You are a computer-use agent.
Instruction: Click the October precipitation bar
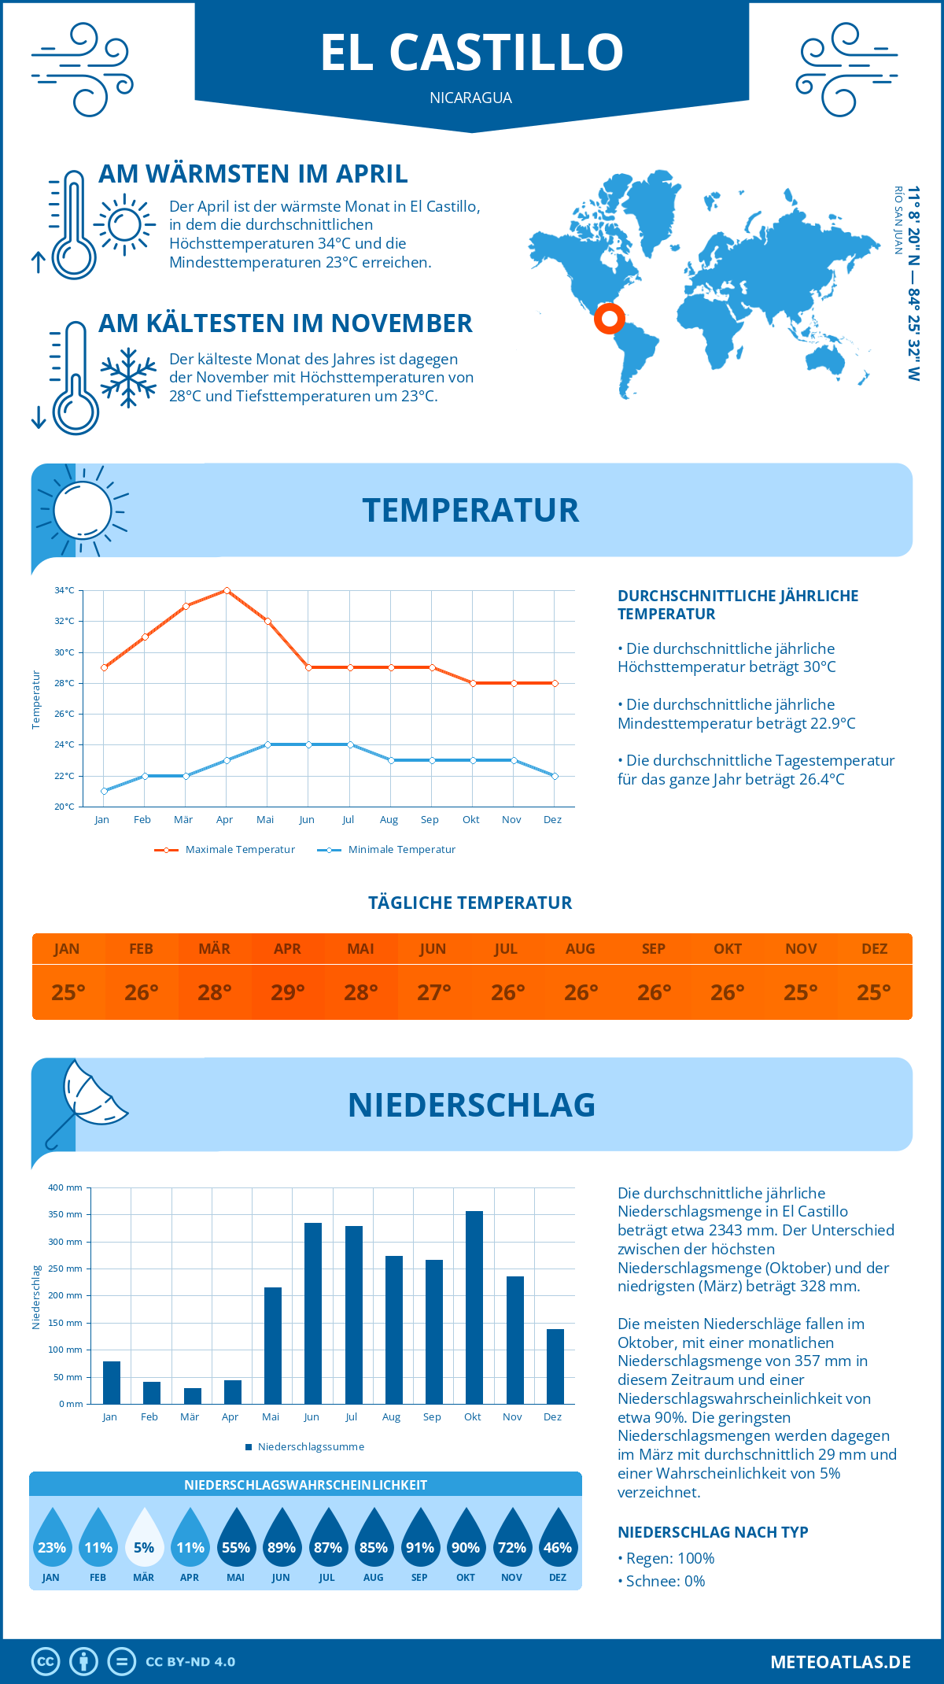pyautogui.click(x=474, y=1307)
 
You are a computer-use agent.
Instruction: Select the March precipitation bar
pyautogui.click(x=192, y=1395)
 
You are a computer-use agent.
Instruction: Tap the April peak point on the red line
pyautogui.click(x=227, y=590)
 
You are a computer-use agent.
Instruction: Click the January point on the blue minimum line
pyautogui.click(x=104, y=791)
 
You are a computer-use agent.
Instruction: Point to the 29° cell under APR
pyautogui.click(x=288, y=992)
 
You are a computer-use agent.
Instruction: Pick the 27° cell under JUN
pyautogui.click(x=433, y=992)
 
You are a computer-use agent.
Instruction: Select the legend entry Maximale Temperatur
pyautogui.click(x=225, y=850)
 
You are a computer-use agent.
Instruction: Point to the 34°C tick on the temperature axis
pyautogui.click(x=65, y=590)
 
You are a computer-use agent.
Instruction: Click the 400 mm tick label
pyautogui.click(x=65, y=1187)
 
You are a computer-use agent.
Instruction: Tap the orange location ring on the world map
pyautogui.click(x=609, y=319)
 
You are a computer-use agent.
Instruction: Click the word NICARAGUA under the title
pyautogui.click(x=470, y=98)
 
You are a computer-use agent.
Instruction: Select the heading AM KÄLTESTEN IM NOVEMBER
pyautogui.click(x=285, y=323)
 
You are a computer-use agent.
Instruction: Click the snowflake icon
pyautogui.click(x=128, y=378)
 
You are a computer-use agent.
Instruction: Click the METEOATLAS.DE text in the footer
pyautogui.click(x=840, y=1662)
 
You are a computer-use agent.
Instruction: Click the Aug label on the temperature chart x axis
pyautogui.click(x=389, y=820)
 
